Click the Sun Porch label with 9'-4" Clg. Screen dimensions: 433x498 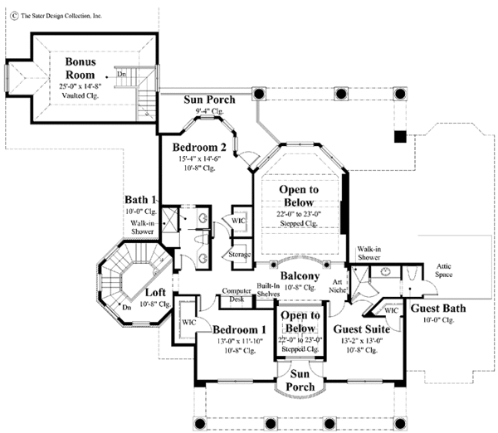[x=209, y=100]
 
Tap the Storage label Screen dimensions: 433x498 [x=240, y=254]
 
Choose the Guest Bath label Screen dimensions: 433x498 [x=438, y=309]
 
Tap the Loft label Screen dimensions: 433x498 [x=155, y=293]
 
